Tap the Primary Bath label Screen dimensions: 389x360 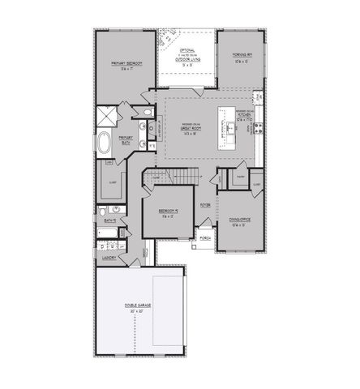tap(126, 139)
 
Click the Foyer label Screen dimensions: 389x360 tap(206, 205)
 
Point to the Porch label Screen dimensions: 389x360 tap(205, 238)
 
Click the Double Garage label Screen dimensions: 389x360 tap(139, 305)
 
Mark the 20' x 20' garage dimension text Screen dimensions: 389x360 tap(139, 312)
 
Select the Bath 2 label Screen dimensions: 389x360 tap(109, 220)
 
